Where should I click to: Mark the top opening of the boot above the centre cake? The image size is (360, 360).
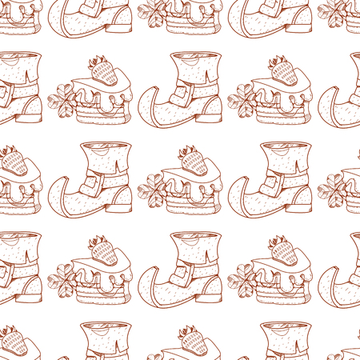click(x=194, y=58)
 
